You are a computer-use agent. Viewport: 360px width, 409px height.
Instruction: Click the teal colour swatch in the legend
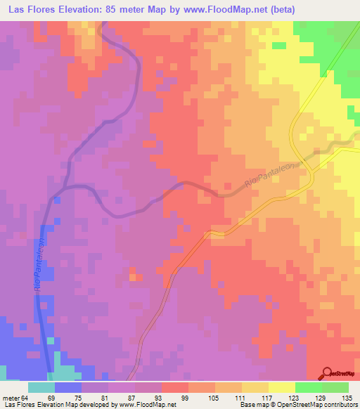pyautogui.click(x=41, y=387)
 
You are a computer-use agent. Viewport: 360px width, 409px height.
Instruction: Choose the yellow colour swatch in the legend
pyautogui.click(x=282, y=387)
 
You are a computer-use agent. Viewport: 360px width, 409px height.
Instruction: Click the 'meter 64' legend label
pyautogui.click(x=14, y=398)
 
